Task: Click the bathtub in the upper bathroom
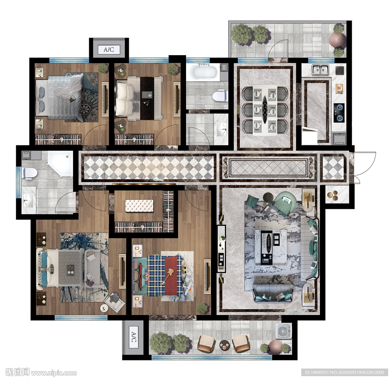[x=203, y=72]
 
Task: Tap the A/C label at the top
[x=109, y=49]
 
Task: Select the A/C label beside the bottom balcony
[x=134, y=337]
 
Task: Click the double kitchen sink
[x=320, y=69]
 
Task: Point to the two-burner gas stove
[x=339, y=113]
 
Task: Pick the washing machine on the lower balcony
[x=283, y=331]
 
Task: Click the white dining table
[x=265, y=110]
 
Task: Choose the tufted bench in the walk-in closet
[x=139, y=206]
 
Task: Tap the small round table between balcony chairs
[x=224, y=346]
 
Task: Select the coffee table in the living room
[x=271, y=247]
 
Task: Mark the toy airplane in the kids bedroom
[x=188, y=288]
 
